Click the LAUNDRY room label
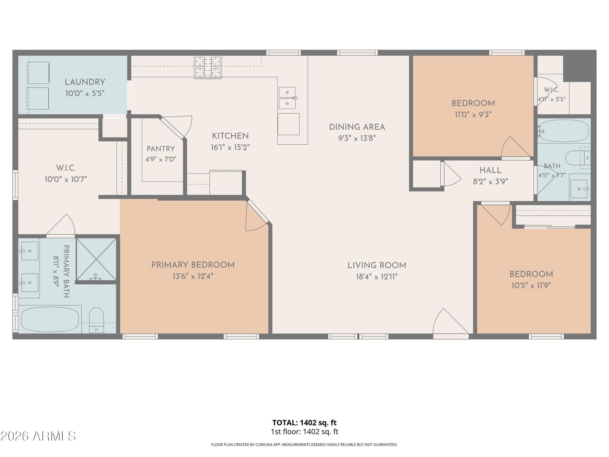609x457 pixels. pos(85,82)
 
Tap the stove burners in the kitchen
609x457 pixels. pos(208,67)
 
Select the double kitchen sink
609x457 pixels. pos(287,98)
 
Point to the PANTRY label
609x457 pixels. pos(161,149)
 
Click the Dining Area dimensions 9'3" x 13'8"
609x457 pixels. pos(357,138)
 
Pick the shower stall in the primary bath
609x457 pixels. pos(96,259)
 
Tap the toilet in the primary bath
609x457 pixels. pos(97,320)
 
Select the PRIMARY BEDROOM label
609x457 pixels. pos(193,265)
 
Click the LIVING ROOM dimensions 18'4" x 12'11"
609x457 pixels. pos(377,276)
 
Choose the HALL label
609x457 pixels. pos(490,170)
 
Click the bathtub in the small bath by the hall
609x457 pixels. pos(564,131)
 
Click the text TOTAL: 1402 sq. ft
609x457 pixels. pos(304,423)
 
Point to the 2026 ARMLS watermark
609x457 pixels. pos(38,436)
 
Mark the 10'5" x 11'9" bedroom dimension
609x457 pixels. pos(531,286)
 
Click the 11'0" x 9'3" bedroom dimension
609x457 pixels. pos(473,115)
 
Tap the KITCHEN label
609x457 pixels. pos(230,136)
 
